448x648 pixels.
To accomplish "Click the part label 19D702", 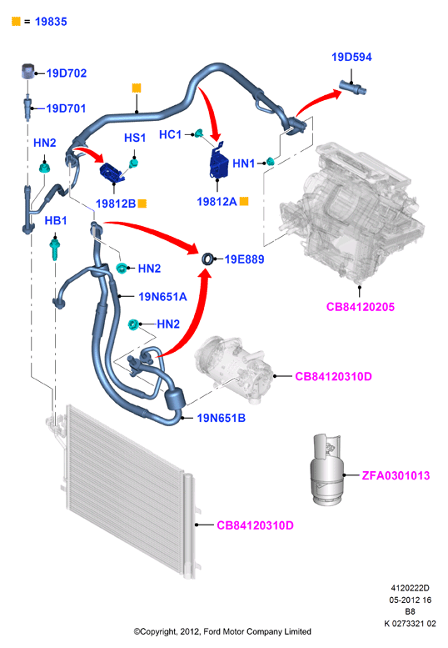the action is tap(67, 73).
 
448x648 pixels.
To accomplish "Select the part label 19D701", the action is tap(66, 108).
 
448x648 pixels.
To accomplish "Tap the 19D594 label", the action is tap(351, 57).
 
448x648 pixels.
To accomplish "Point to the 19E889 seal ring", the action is tap(208, 259).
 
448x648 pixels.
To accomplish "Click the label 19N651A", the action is tap(162, 297).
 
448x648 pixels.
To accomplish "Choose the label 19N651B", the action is tap(222, 418).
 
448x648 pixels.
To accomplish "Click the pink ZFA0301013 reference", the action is tap(396, 475).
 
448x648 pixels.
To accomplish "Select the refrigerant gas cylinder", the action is tap(326, 470).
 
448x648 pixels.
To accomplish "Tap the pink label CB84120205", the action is tap(360, 307).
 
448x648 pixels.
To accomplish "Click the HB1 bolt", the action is tap(54, 247).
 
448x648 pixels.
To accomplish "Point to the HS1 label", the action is tap(135, 138).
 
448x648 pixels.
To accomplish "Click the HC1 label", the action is tap(171, 135).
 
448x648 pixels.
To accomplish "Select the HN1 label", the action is tap(244, 163).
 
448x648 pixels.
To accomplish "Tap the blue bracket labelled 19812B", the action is tap(112, 173).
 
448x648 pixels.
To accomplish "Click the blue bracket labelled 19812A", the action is tap(219, 161).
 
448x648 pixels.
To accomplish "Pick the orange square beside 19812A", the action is tap(244, 201).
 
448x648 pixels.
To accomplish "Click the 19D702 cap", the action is tap(27, 71).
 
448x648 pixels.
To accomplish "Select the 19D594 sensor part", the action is tap(353, 88).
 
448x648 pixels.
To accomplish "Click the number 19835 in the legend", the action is tap(51, 22).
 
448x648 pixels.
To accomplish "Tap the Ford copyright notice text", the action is tap(222, 631).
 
